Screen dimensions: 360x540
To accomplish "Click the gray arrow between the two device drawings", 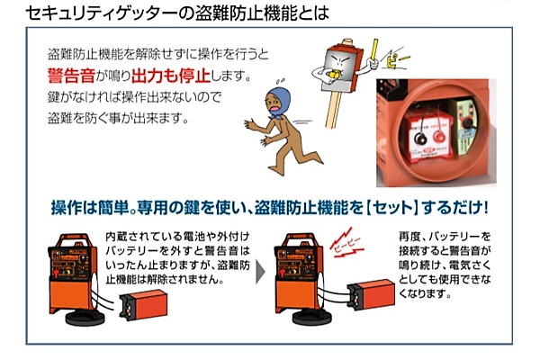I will pos(261,268).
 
